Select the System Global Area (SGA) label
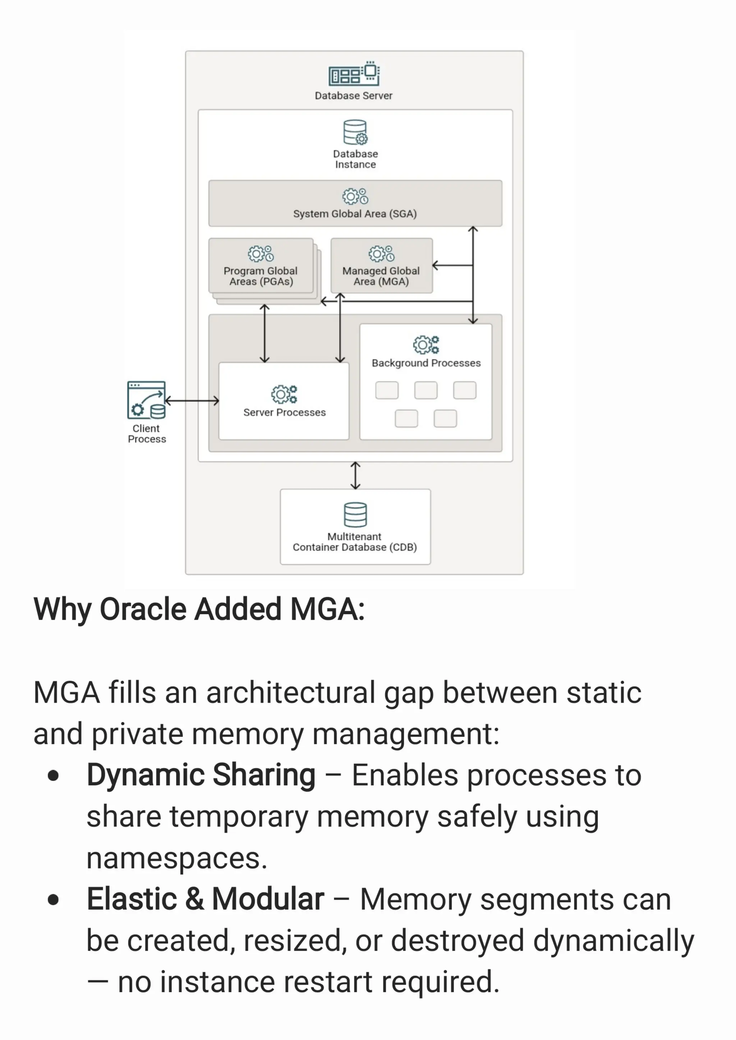tap(355, 214)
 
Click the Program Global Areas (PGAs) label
tap(261, 276)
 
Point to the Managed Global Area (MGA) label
tap(381, 276)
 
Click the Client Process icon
tap(146, 400)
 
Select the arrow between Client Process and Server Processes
tap(192, 401)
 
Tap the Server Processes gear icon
tap(284, 394)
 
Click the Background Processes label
tap(426, 363)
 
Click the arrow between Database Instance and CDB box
tap(356, 476)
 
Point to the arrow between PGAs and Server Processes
tap(264, 333)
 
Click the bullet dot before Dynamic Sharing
tap(54, 776)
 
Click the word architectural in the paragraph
tap(290, 693)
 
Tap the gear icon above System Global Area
tap(355, 197)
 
